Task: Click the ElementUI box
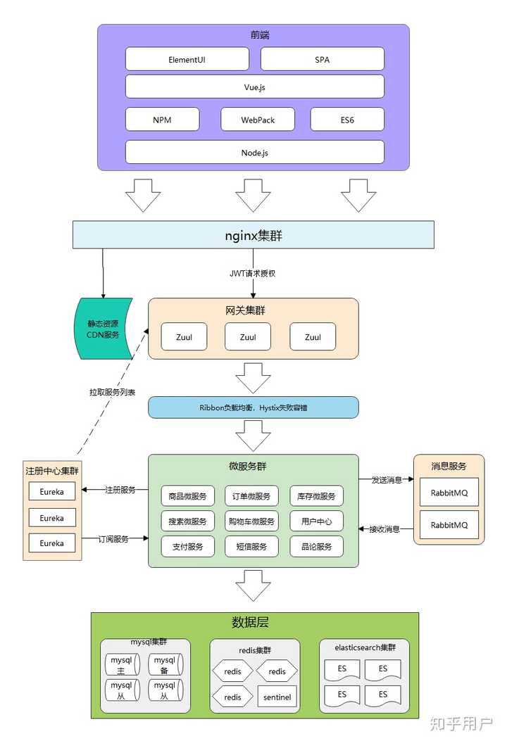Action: click(x=187, y=60)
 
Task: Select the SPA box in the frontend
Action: click(x=322, y=60)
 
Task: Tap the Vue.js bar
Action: click(x=254, y=87)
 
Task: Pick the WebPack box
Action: click(x=258, y=120)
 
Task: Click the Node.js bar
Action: click(x=254, y=152)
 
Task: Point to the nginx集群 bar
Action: click(x=254, y=235)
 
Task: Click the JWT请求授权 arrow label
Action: click(x=253, y=273)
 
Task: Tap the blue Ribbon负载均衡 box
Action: click(x=253, y=407)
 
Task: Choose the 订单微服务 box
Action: click(x=251, y=496)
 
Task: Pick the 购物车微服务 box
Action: click(x=251, y=521)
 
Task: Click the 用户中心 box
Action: click(x=316, y=521)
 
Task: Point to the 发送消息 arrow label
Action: click(x=386, y=480)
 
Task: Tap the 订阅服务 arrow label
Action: click(x=115, y=538)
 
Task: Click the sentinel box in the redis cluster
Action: click(x=277, y=697)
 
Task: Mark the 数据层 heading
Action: click(x=250, y=623)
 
